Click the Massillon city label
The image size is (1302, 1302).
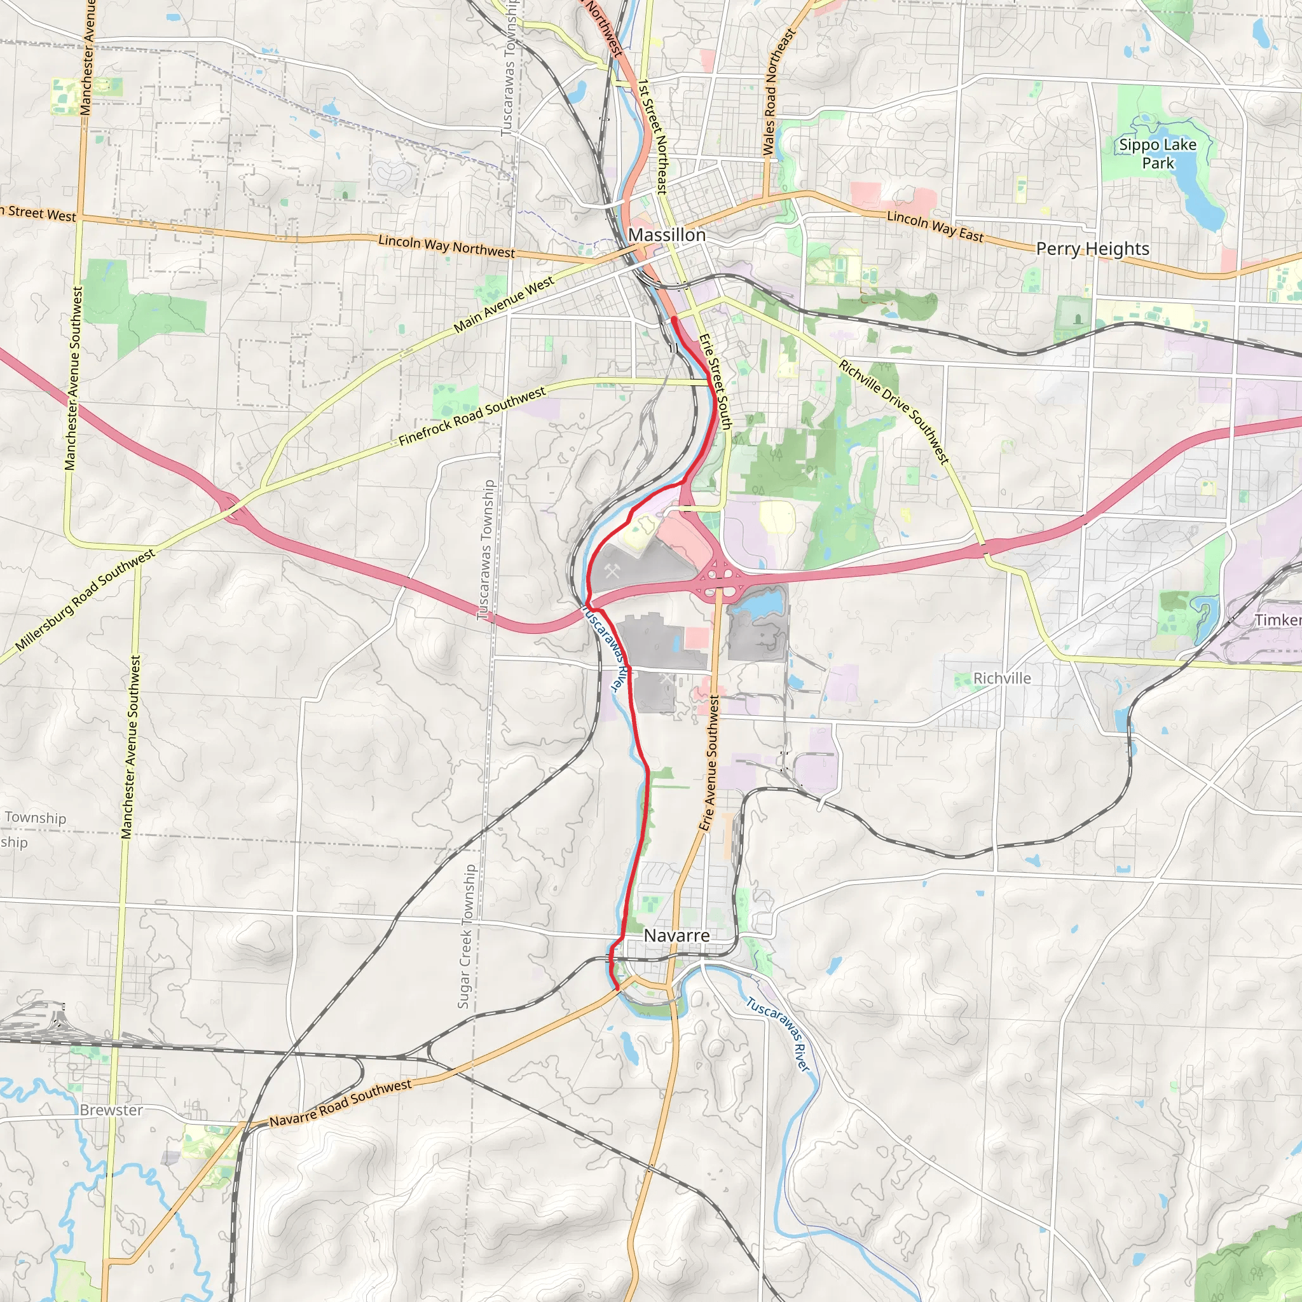(666, 235)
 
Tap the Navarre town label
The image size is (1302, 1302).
(676, 935)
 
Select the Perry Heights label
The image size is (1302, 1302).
(1092, 249)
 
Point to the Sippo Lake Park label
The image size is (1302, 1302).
(1158, 154)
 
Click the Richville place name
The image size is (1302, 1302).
(1002, 678)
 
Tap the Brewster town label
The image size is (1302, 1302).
(111, 1110)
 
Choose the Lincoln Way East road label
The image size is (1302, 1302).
(935, 226)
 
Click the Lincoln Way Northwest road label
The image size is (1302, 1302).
(446, 246)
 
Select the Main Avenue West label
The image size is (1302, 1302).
(504, 305)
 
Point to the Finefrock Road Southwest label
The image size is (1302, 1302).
(472, 416)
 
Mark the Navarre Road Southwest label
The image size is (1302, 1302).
(340, 1102)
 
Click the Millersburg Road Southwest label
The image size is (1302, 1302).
(85, 600)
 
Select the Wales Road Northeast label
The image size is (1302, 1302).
(779, 92)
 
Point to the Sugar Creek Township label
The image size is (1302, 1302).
(465, 936)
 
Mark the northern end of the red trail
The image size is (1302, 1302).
(674, 319)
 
